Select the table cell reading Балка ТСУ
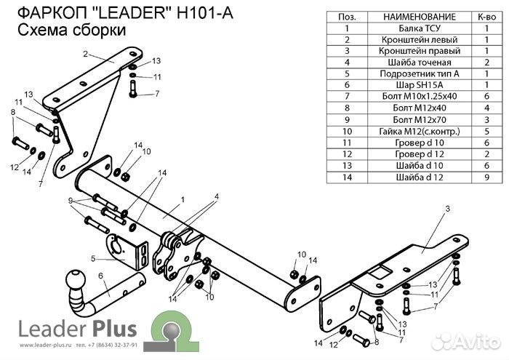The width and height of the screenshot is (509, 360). (408, 28)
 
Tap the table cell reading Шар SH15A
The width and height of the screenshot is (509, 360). (408, 84)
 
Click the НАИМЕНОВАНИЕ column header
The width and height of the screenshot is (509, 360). (408, 16)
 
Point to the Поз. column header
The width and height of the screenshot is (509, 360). (346, 16)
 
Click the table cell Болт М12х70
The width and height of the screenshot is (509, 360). (408, 119)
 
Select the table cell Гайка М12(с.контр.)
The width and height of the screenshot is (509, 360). (408, 130)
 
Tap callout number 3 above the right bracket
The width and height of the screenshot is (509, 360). (447, 209)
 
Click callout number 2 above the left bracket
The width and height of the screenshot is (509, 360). (85, 54)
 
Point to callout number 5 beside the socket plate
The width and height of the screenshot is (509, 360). (93, 258)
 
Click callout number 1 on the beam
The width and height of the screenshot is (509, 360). (183, 199)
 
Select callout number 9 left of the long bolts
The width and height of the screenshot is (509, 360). (71, 201)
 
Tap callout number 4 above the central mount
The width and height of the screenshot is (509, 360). (215, 196)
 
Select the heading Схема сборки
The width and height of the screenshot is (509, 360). (70, 31)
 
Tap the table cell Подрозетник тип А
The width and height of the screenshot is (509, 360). (408, 73)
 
